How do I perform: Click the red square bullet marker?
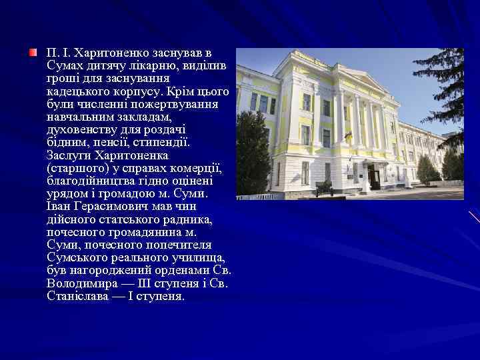(33, 52)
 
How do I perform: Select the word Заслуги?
(68, 155)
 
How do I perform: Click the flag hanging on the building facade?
(346, 138)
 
